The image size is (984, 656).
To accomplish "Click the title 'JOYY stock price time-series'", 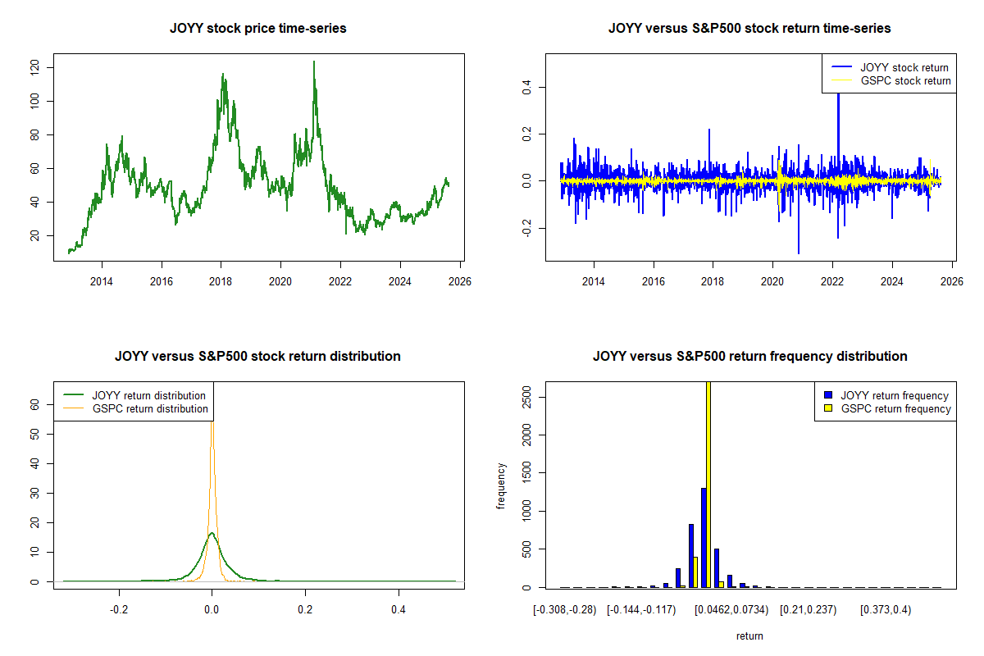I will (257, 29).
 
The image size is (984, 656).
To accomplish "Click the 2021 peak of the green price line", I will (313, 61).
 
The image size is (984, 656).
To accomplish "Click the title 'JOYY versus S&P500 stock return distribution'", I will (257, 357).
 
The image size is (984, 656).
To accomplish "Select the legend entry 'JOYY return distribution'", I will (148, 395).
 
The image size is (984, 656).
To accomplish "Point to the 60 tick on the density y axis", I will (35, 404).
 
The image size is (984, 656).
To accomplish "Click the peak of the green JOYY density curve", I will (212, 533).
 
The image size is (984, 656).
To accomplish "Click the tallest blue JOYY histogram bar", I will (704, 537).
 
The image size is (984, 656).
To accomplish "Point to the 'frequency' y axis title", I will (501, 486).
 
